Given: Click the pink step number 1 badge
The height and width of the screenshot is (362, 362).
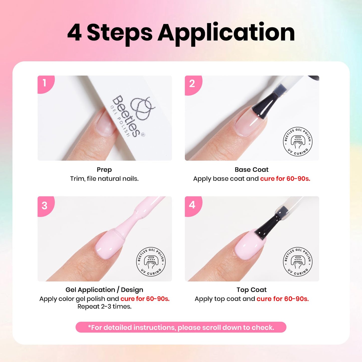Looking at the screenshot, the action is point(45,84).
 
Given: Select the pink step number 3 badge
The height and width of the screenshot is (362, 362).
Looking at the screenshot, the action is point(45,206).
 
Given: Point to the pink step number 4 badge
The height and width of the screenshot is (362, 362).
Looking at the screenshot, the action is point(193,205).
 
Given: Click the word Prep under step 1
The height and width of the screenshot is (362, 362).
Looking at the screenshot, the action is point(104,170).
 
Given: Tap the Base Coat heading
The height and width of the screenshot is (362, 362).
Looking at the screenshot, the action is point(252,170).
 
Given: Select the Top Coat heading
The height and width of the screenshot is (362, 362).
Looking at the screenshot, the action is point(252,290).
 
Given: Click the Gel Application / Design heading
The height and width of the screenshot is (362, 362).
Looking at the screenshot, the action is point(104,290).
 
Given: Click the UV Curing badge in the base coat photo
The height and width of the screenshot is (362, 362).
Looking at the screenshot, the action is point(298,142).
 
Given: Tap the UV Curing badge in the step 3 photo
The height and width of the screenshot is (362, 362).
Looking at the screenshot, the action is point(151,262).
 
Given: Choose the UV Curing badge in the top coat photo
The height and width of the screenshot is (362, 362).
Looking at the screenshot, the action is point(298,262).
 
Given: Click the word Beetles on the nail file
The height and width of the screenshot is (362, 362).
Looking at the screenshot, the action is point(127,116).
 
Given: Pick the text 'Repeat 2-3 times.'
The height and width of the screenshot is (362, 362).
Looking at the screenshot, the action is point(104,306).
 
